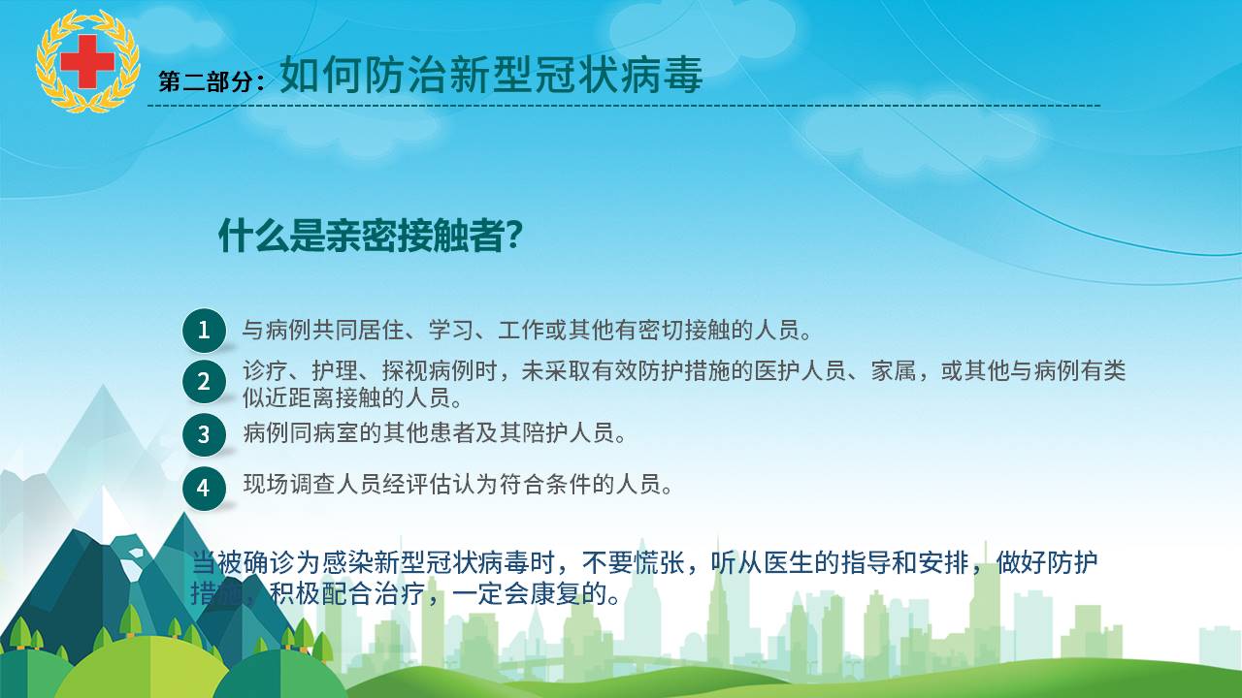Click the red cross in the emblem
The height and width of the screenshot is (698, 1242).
point(87,61)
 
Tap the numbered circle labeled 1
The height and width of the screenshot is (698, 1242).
point(204,331)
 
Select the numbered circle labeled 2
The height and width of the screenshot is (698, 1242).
point(204,381)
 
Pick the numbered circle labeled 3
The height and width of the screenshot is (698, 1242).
point(204,434)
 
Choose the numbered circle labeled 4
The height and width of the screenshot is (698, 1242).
point(204,488)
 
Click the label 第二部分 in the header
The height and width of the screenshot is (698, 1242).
point(207,81)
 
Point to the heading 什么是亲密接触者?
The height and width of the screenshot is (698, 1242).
point(370,237)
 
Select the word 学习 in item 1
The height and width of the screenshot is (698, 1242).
point(451,331)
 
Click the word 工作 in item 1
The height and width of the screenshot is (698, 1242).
point(521,331)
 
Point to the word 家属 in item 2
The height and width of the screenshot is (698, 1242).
point(894,370)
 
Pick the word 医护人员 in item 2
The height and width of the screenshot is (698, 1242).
point(800,370)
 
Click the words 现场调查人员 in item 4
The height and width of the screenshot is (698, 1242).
point(312,484)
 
